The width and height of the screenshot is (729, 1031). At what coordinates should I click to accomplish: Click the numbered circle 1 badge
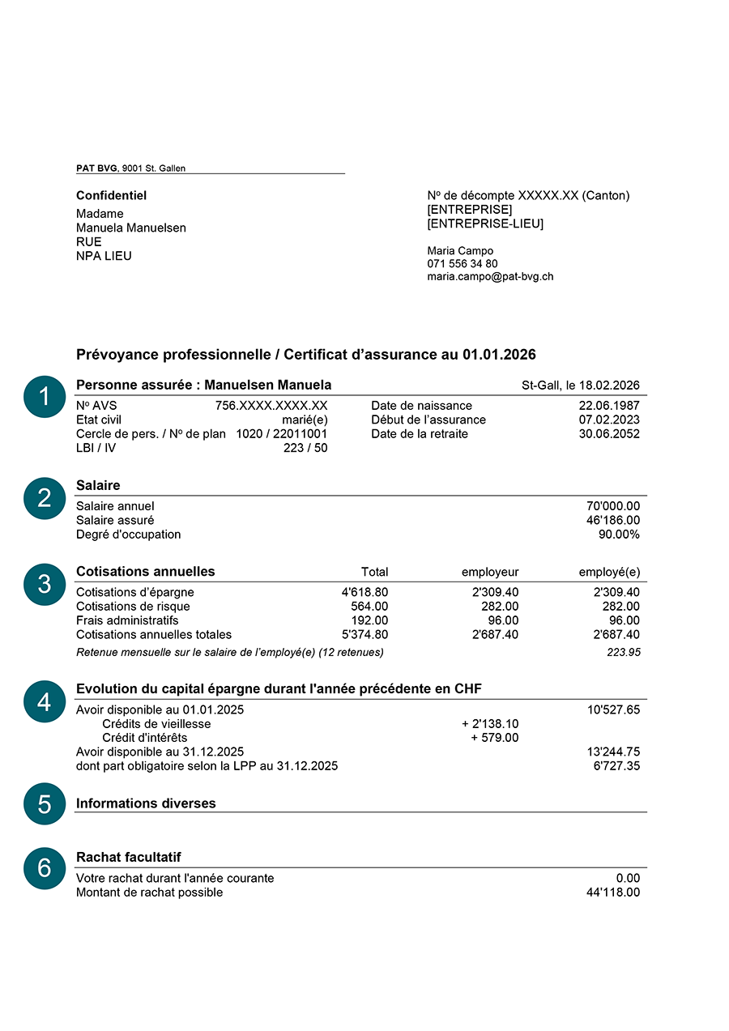pos(45,397)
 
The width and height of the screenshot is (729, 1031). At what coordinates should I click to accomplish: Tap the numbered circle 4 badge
pos(45,701)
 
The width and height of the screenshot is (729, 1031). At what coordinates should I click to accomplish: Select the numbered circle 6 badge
pos(45,868)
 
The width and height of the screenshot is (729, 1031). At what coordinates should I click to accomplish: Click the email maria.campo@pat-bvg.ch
pos(490,277)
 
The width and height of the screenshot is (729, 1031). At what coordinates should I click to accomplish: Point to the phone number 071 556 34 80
pos(463,264)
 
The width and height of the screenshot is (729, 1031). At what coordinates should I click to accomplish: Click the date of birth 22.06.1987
pos(609,406)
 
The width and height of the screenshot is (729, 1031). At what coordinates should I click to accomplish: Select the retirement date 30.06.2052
pos(609,434)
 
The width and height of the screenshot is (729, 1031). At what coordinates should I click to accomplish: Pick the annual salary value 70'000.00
pos(612,506)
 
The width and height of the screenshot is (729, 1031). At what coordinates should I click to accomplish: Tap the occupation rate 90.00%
pos(617,535)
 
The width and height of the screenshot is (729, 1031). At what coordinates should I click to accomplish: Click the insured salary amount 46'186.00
pos(612,521)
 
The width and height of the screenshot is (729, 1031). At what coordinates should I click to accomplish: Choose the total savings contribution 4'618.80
pos(364,593)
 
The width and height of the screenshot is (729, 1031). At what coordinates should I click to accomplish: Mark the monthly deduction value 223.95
pos(624,653)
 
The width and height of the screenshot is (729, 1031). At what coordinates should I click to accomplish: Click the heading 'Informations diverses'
pos(146,803)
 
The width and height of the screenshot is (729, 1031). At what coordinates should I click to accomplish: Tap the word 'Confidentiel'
pos(111,196)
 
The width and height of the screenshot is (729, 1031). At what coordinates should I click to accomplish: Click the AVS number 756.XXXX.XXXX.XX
pos(271,406)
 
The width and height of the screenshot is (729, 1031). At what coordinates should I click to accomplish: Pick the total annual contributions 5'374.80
pos(364,635)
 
